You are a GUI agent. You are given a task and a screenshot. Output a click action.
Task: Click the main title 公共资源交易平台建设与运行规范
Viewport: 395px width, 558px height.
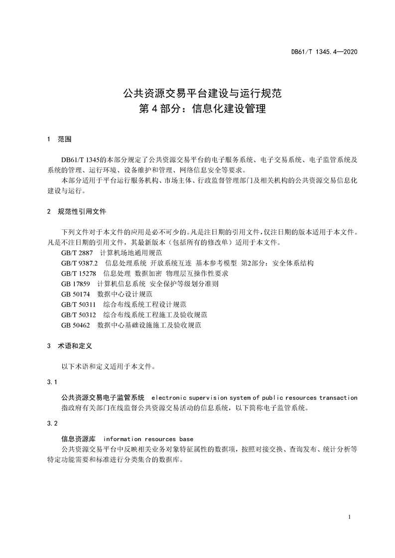click(198, 93)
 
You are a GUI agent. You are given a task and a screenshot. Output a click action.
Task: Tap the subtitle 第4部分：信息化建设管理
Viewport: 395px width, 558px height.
click(198, 109)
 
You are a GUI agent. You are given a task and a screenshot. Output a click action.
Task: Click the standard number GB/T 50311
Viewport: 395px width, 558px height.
click(79, 304)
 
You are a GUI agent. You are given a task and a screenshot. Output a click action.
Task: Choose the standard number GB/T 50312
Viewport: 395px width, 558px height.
click(79, 315)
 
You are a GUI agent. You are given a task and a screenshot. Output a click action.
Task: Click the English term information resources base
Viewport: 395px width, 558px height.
click(148, 439)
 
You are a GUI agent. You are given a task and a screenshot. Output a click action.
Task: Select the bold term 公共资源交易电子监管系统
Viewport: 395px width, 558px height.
click(103, 398)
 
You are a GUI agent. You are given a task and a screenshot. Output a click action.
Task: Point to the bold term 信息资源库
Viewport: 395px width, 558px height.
click(78, 439)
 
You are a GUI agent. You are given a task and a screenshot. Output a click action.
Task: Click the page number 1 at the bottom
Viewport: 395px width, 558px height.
click(350, 517)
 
